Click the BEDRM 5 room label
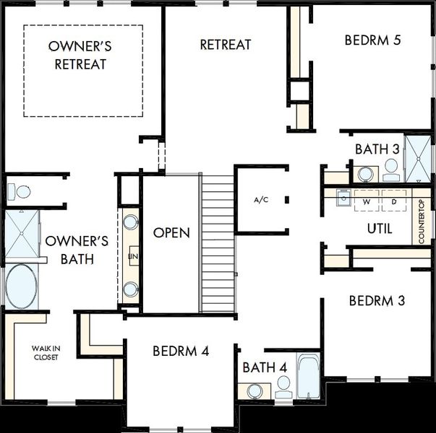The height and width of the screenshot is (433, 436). (372, 40)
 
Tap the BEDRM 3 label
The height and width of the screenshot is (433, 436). (377, 301)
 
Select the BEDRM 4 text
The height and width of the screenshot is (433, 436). (181, 351)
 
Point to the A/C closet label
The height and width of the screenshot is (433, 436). (261, 200)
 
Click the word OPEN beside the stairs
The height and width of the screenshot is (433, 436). (171, 232)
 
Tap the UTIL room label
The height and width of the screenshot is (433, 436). (380, 229)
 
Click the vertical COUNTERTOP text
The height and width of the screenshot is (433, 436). (422, 222)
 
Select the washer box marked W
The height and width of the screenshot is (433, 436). (367, 200)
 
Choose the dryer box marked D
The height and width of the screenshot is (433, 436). (394, 200)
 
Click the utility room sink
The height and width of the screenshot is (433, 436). (344, 198)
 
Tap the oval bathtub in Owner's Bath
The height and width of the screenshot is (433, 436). (21, 287)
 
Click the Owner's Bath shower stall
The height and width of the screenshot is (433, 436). (22, 233)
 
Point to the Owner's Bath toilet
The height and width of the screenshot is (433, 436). (19, 191)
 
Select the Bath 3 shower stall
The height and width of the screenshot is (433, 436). (418, 159)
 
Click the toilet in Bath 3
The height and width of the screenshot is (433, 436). (391, 170)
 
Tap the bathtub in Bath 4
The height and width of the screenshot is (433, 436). (308, 376)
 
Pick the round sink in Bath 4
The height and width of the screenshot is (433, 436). (255, 391)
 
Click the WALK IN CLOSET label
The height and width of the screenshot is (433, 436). (46, 352)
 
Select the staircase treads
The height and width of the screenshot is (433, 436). (218, 244)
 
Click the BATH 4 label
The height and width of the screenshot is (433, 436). (265, 367)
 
